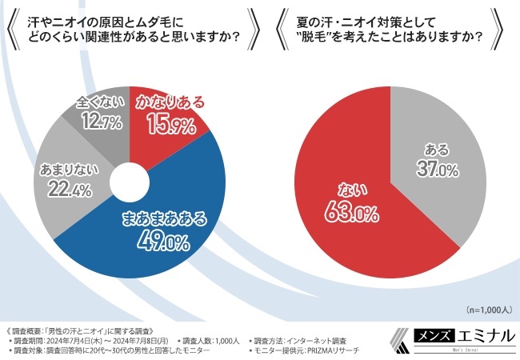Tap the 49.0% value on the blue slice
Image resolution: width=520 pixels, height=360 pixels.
coord(164,239)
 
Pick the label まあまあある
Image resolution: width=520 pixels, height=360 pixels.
coord(162,217)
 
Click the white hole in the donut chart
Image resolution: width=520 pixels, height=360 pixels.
coord(128,181)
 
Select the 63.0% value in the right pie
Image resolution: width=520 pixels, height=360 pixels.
coord(339,211)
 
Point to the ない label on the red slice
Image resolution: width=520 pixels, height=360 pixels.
coord(338,190)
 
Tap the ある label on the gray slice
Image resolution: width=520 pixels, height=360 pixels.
coord(435,150)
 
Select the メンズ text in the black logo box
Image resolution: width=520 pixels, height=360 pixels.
coord(413,338)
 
